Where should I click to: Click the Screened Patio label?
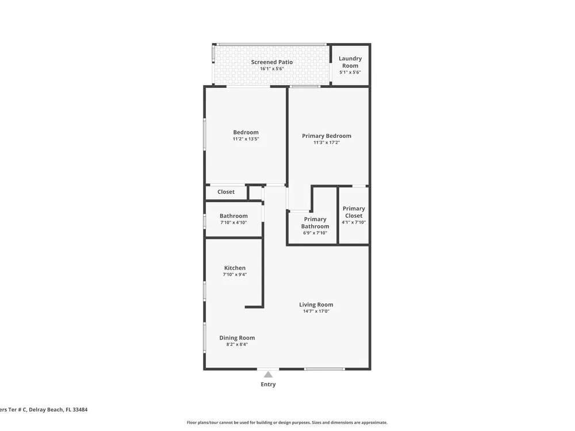tap(272, 62)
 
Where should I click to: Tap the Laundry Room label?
tap(350, 62)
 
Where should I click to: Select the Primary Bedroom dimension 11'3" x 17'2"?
tap(327, 143)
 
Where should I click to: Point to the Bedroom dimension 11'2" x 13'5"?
tap(246, 139)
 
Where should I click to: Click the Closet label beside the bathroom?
tap(226, 192)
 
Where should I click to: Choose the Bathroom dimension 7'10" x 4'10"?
tap(233, 222)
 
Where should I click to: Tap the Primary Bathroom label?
tap(315, 222)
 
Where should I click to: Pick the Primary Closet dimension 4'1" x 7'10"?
tap(354, 222)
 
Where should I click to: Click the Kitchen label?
tap(235, 268)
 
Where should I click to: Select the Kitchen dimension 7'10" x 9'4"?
tap(235, 275)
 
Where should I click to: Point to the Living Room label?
tap(316, 305)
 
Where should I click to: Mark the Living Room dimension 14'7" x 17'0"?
tap(316, 311)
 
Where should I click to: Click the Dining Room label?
tap(237, 338)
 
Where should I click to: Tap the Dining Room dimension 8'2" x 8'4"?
tap(237, 344)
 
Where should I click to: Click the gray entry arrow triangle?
tap(268, 374)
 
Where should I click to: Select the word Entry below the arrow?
tap(268, 384)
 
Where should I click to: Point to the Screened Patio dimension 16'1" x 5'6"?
tap(272, 68)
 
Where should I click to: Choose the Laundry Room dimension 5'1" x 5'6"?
tap(350, 72)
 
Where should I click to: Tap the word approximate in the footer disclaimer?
tap(374, 422)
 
